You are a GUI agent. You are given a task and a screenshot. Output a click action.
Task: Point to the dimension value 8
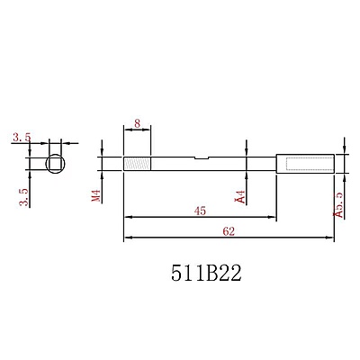pos(137,122)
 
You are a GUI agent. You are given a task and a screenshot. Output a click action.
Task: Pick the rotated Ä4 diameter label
pos(239,196)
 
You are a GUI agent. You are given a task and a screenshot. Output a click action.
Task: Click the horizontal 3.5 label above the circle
pos(22,138)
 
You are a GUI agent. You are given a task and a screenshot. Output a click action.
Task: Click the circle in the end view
pos(56,164)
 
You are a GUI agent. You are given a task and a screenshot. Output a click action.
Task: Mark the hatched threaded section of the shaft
pos(136,164)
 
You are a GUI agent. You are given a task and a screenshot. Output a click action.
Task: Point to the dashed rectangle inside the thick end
pos(305,164)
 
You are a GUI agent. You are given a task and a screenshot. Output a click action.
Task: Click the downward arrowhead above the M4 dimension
pos(106,155)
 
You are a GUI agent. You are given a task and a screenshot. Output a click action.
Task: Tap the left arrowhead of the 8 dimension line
pos(127,130)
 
